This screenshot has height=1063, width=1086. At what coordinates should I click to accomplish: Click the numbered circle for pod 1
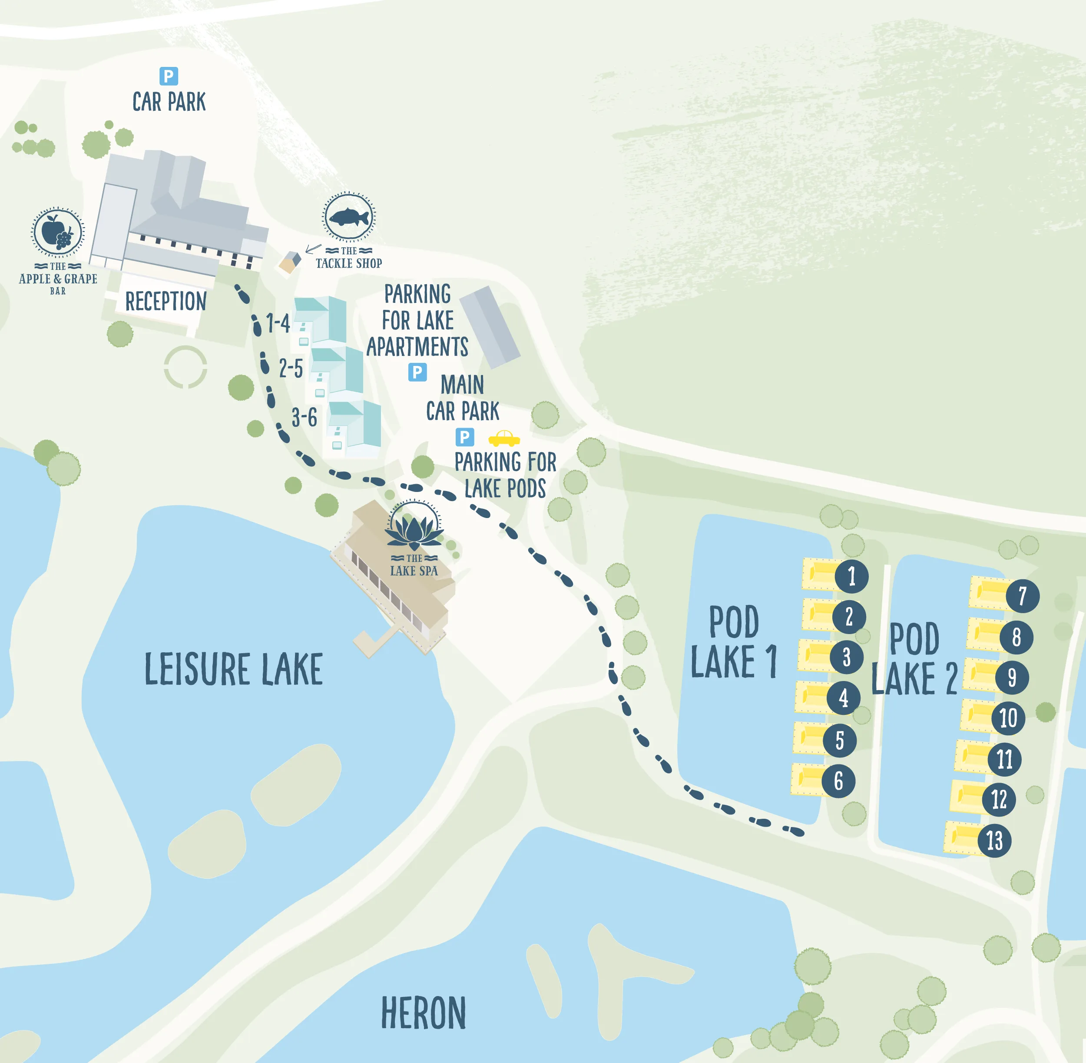tap(851, 576)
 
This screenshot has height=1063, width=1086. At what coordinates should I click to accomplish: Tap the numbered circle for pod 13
tap(994, 840)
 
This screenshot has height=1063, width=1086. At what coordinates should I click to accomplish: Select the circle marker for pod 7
tap(1023, 596)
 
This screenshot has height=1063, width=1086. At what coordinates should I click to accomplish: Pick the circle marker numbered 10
tap(1008, 718)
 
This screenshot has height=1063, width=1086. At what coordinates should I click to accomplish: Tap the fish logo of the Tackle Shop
tap(349, 216)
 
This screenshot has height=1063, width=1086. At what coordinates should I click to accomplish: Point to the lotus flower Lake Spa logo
tap(414, 528)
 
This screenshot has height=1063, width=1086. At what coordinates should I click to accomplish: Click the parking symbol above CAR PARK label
tap(169, 76)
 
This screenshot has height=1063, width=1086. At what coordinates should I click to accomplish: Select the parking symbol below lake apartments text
tap(417, 372)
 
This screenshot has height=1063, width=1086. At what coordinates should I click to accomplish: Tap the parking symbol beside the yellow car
tap(464, 437)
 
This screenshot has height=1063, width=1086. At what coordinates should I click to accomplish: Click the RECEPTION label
tap(166, 302)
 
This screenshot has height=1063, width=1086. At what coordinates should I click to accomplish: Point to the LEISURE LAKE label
tap(233, 669)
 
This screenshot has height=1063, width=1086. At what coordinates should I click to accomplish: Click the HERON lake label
tap(423, 1013)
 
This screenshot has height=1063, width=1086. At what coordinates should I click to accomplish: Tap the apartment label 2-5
tap(291, 369)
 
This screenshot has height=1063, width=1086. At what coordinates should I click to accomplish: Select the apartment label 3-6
tap(304, 418)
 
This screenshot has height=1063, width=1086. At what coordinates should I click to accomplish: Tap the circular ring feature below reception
tap(185, 367)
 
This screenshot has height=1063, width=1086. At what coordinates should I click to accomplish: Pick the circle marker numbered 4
tap(843, 698)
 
